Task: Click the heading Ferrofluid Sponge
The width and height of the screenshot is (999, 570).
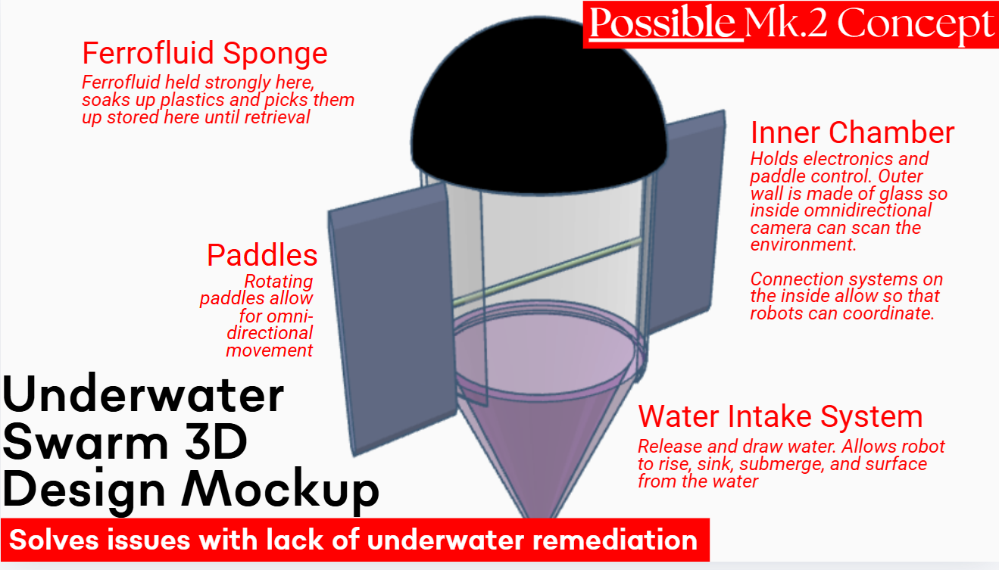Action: (x=204, y=54)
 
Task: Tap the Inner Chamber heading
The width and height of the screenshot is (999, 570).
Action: (x=852, y=132)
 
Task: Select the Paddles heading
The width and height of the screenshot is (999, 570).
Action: (x=262, y=255)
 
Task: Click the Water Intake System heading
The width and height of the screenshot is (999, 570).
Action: (x=780, y=416)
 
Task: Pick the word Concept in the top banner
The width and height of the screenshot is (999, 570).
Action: (x=916, y=24)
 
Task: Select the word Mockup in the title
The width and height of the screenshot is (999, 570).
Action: (x=280, y=489)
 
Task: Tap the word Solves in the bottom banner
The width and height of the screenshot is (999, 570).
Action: (x=54, y=540)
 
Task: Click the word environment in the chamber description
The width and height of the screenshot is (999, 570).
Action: (x=803, y=245)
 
